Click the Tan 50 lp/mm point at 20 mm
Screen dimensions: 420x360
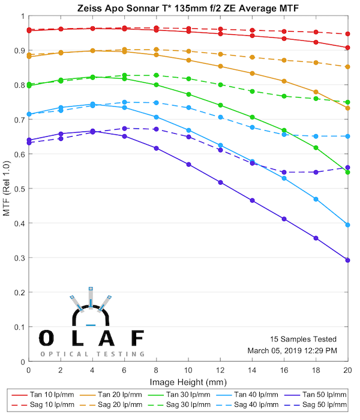click(348, 260)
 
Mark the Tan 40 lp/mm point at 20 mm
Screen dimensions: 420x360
click(348, 225)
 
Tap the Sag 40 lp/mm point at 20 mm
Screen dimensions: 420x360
click(348, 136)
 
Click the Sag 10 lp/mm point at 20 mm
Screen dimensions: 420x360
click(348, 34)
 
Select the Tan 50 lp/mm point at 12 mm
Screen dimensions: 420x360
click(220, 182)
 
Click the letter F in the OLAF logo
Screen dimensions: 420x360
click(137, 338)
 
